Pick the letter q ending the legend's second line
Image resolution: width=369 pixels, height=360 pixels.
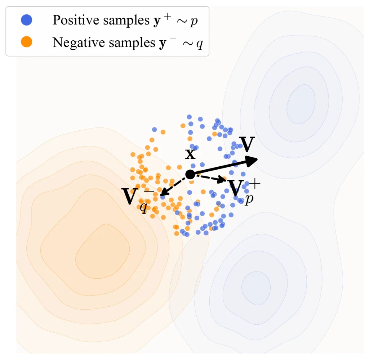(199, 44)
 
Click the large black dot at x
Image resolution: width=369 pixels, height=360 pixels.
(190, 175)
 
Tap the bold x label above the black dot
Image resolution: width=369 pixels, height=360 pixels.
(190, 154)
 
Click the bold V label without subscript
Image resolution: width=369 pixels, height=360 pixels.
(247, 145)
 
